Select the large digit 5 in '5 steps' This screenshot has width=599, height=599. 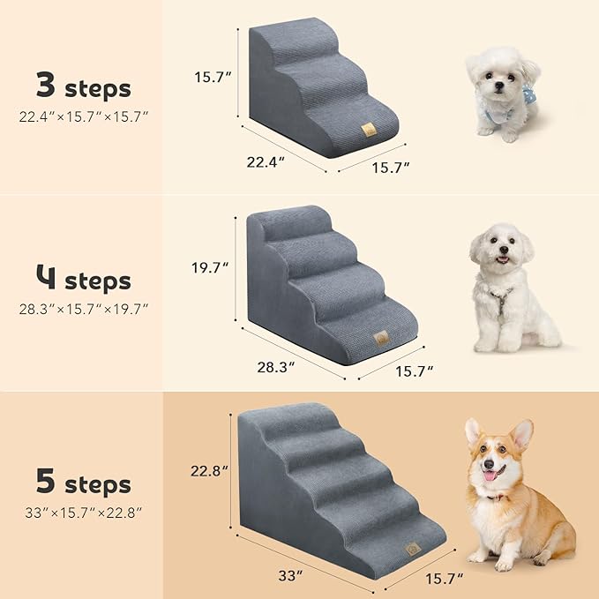[x=47, y=483]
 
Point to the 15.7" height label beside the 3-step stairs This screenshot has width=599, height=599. [x=213, y=77]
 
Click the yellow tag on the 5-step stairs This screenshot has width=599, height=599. [x=411, y=547]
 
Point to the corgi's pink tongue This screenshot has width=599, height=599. [x=488, y=475]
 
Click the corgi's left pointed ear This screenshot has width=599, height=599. [x=474, y=431]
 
